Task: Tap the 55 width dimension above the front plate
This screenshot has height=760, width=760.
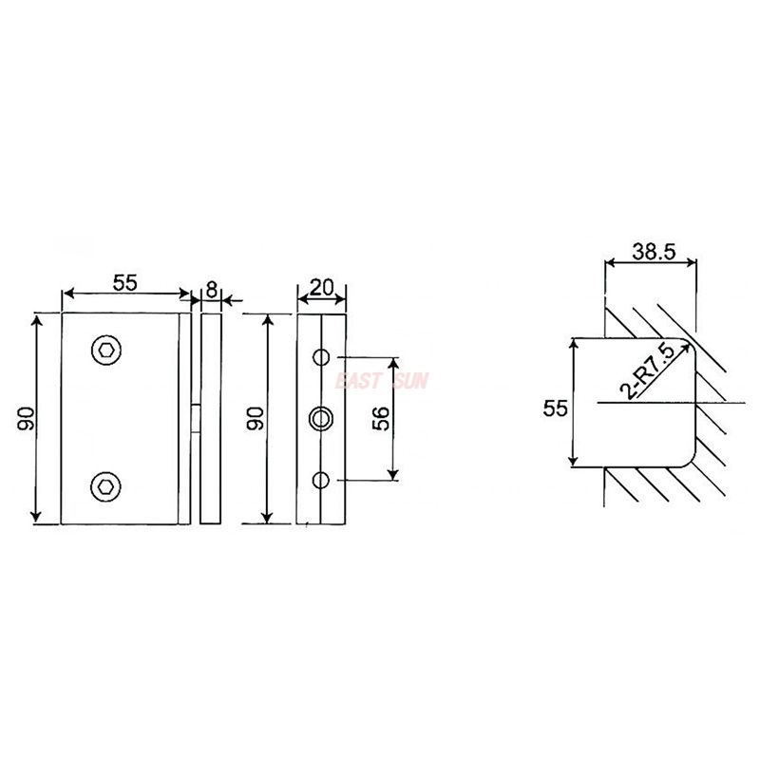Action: (125, 282)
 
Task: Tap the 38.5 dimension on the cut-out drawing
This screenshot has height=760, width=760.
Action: (653, 252)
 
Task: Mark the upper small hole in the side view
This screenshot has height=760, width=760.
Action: (322, 357)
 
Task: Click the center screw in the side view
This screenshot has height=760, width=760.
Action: (322, 417)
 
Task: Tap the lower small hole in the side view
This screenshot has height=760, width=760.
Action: (322, 479)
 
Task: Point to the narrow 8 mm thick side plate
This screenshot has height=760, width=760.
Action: (211, 418)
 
